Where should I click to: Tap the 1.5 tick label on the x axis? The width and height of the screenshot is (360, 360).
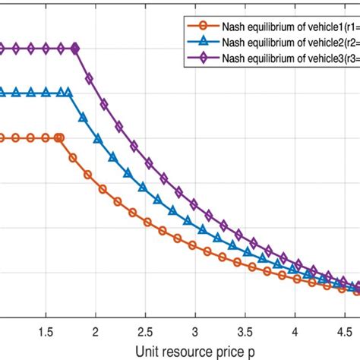coord(46,332)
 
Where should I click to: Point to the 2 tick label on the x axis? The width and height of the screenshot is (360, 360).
coord(96,332)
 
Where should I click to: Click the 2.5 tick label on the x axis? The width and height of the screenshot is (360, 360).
coord(145,332)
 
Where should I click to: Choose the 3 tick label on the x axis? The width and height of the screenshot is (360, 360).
coord(195,332)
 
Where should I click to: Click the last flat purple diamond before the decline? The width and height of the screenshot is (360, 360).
coord(76,49)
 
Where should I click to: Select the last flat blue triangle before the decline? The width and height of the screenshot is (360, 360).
coord(68,93)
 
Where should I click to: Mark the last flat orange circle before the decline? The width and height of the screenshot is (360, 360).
coord(60,138)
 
